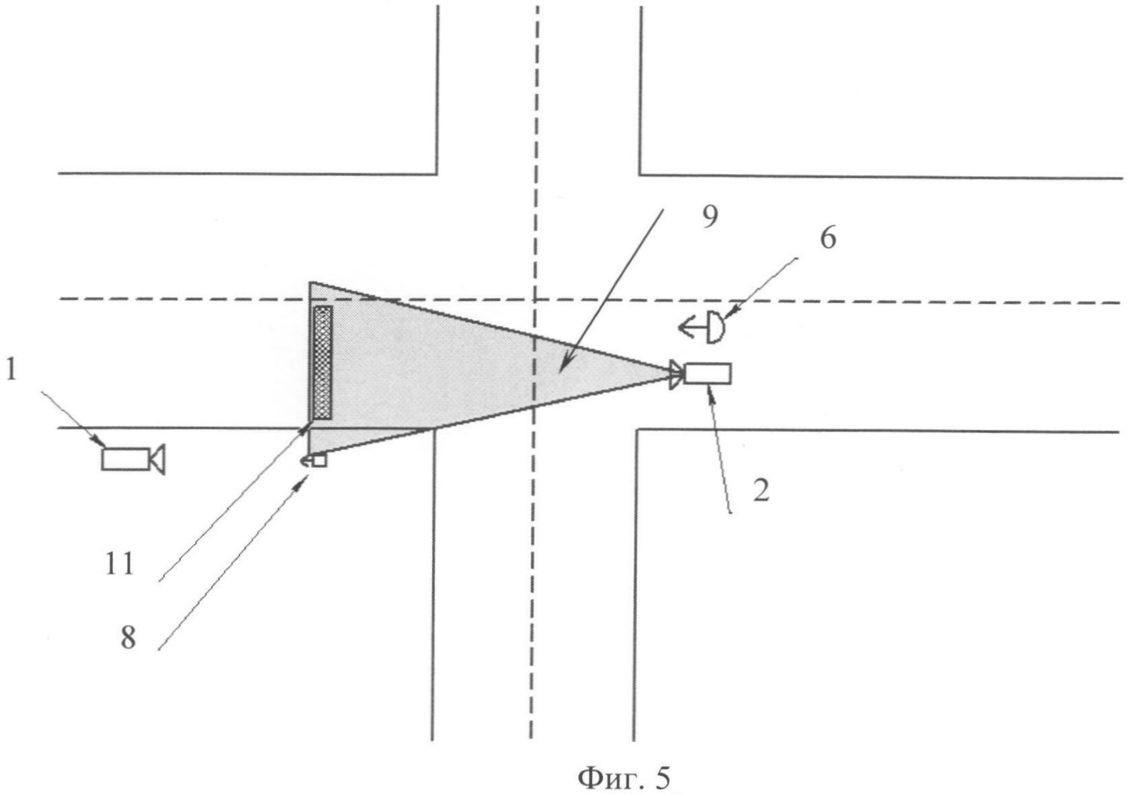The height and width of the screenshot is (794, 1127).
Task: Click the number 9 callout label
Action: click(x=710, y=217)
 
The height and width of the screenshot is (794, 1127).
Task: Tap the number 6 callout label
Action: click(x=828, y=238)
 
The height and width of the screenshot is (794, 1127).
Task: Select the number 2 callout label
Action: click(x=761, y=491)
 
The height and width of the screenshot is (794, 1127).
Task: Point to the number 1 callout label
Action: click(x=11, y=371)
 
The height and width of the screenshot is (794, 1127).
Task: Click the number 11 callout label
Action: click(x=119, y=564)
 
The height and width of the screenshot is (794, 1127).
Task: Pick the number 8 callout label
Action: click(x=128, y=638)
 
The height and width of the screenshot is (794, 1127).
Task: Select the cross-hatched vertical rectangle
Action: click(x=323, y=363)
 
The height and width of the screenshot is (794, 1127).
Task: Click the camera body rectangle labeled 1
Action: click(x=125, y=459)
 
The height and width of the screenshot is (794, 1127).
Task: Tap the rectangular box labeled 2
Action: click(x=708, y=373)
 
